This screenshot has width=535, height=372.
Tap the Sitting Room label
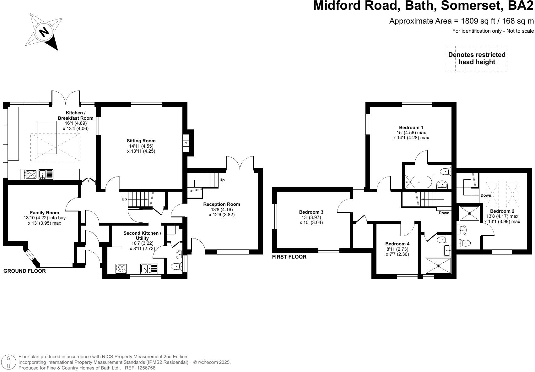click(x=141, y=141)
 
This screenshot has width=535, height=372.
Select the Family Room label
click(x=44, y=213)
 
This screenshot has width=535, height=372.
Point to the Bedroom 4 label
click(x=397, y=244)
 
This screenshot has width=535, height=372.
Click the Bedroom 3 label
click(x=311, y=212)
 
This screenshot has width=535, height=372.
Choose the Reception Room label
click(x=221, y=204)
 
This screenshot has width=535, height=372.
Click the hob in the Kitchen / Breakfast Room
click(x=30, y=174)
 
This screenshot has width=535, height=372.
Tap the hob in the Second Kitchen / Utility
click(x=122, y=268)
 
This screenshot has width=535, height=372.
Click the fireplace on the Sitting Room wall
click(x=186, y=143)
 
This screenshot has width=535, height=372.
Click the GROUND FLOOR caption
click(x=24, y=271)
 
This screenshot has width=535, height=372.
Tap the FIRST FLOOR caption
click(x=289, y=257)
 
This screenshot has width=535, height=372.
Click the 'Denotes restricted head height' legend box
click(x=477, y=58)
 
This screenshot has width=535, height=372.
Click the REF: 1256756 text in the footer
click(x=140, y=368)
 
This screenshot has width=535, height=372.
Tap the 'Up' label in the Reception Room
click(x=222, y=180)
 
